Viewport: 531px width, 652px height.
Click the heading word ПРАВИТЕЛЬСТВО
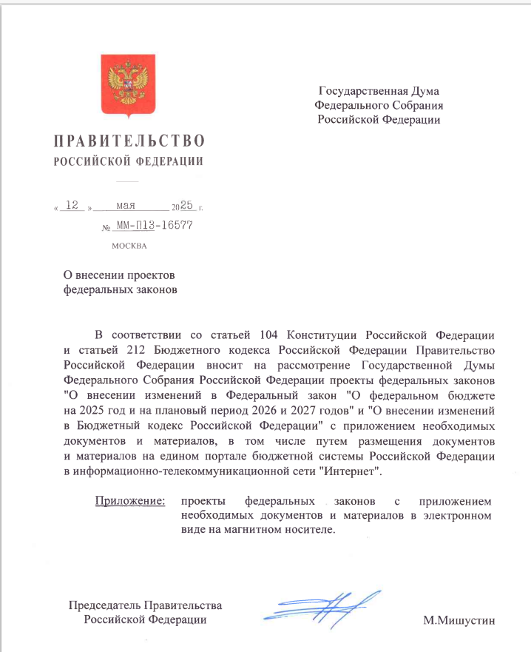[129, 141]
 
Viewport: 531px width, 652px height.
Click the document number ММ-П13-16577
[155, 225]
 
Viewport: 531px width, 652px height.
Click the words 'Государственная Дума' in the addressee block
[379, 93]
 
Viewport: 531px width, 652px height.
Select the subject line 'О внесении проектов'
[121, 275]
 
